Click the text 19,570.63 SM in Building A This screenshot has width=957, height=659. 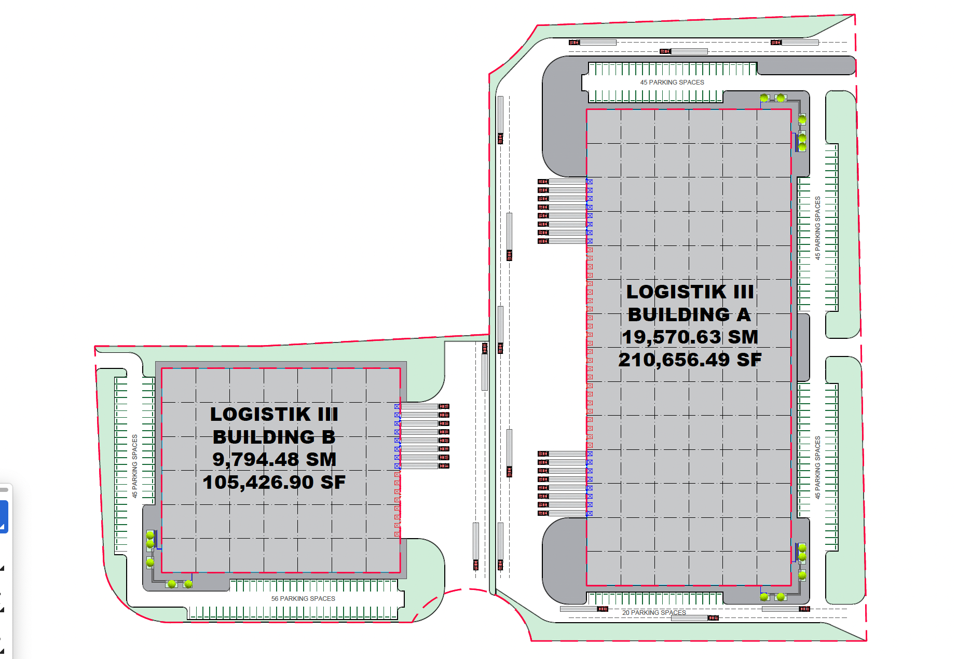[x=690, y=337]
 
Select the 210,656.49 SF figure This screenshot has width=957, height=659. [x=690, y=360]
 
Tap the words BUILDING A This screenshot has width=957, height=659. [x=689, y=314]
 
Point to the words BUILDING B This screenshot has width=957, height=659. [x=274, y=437]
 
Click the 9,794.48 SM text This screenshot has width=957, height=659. [x=274, y=459]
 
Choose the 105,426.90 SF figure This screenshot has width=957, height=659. [x=274, y=482]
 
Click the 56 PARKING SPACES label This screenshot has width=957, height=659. [x=303, y=598]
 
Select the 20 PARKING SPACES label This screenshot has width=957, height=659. [x=654, y=612]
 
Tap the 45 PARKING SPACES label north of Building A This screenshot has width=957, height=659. [x=672, y=82]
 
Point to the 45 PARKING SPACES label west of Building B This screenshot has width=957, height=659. [x=134, y=466]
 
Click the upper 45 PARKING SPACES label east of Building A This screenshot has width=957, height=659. [x=817, y=227]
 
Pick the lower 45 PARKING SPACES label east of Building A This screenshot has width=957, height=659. [x=817, y=467]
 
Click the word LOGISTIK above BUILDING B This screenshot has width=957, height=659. [x=260, y=414]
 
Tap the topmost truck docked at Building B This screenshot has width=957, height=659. [x=425, y=406]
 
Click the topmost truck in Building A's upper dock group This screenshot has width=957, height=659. [x=562, y=182]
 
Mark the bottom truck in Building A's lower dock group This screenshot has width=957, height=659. [x=562, y=513]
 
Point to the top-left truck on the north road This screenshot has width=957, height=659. [x=592, y=43]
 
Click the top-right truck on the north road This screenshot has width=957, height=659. [x=795, y=43]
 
